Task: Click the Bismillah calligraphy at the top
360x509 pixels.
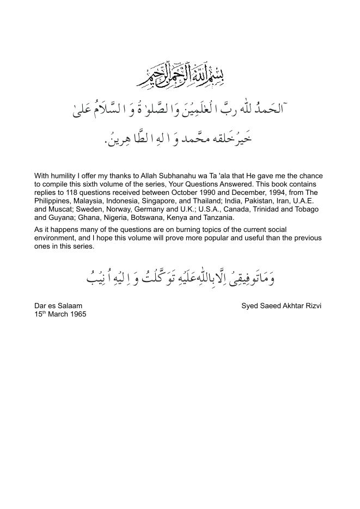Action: point(180,75)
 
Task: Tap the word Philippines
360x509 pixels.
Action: point(52,201)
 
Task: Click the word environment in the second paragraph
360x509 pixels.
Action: point(54,238)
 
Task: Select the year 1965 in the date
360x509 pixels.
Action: point(78,314)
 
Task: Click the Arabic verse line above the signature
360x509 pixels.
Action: point(180,278)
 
